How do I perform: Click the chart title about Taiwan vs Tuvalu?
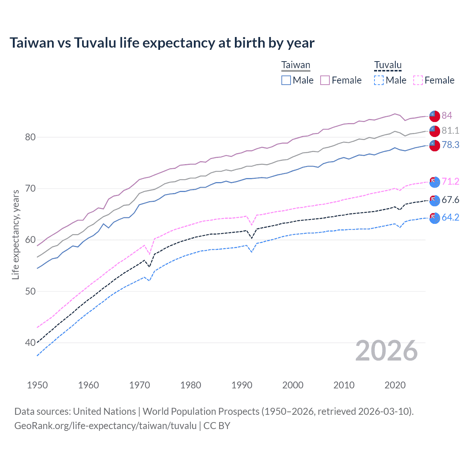pyautogui.click(x=162, y=43)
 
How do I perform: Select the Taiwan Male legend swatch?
pyautogui.click(x=286, y=80)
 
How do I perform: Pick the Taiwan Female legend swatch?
pyautogui.click(x=325, y=80)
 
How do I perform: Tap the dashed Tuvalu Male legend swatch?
pyautogui.click(x=379, y=80)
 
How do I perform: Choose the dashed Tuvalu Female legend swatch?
pyautogui.click(x=418, y=80)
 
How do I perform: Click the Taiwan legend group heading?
pyautogui.click(x=296, y=65)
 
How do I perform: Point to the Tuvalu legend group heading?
pyautogui.click(x=388, y=65)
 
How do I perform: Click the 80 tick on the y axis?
pyautogui.click(x=30, y=137)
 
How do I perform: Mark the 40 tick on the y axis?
pyautogui.click(x=30, y=343)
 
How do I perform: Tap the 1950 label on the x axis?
pyautogui.click(x=37, y=385)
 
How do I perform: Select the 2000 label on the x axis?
pyautogui.click(x=293, y=385)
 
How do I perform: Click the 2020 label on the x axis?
pyautogui.click(x=395, y=385)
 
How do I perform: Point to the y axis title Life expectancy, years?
pyautogui.click(x=15, y=234)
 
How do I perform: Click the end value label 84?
pyautogui.click(x=447, y=116)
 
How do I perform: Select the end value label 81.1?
pyautogui.click(x=450, y=131)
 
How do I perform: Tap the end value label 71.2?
pyautogui.click(x=450, y=182)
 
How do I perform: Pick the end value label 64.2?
pyautogui.click(x=450, y=218)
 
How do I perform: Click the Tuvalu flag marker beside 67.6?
pyautogui.click(x=435, y=200)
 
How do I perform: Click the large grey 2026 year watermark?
pyautogui.click(x=387, y=351)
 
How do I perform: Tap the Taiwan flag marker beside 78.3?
pyautogui.click(x=435, y=145)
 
